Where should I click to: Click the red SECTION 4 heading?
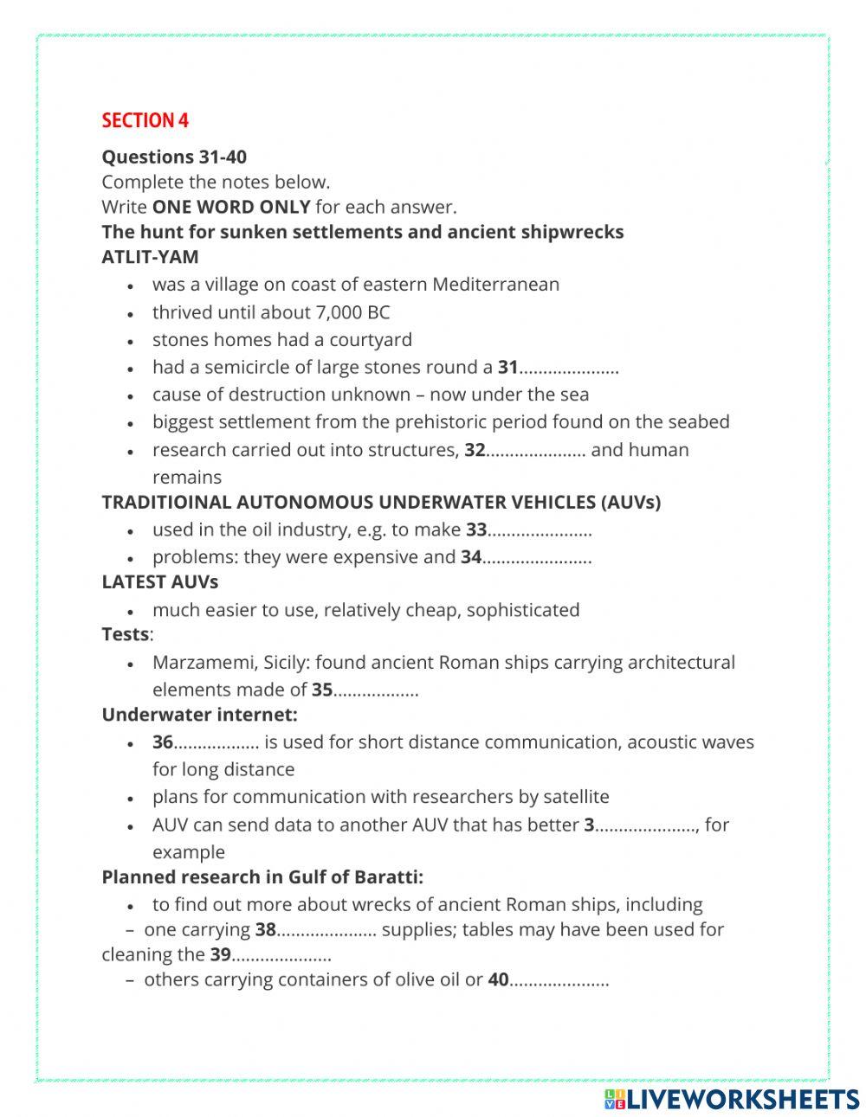(x=145, y=120)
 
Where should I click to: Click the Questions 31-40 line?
(x=174, y=157)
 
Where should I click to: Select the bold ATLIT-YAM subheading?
(x=150, y=257)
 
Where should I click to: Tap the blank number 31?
(x=568, y=368)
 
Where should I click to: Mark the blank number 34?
(x=536, y=557)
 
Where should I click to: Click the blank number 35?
(x=376, y=690)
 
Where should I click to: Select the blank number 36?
(x=216, y=742)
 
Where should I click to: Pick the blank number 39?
(x=281, y=955)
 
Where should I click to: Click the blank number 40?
(x=559, y=980)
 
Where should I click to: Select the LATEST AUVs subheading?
(x=160, y=582)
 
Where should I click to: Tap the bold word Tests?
(x=126, y=634)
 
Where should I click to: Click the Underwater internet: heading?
(x=199, y=715)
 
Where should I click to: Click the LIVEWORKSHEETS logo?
(x=732, y=1099)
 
